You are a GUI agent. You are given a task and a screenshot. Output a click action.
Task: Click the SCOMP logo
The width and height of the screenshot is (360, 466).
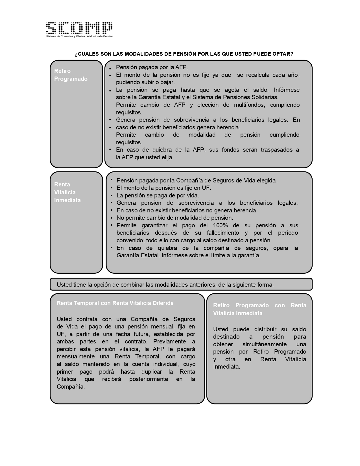click(79, 28)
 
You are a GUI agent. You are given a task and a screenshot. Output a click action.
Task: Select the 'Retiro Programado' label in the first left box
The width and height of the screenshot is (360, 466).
click(71, 75)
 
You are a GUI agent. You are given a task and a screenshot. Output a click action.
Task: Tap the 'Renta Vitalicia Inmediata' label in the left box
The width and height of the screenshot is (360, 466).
click(67, 192)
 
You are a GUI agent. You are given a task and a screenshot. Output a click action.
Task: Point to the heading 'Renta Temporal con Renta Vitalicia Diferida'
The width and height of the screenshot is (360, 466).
click(115, 303)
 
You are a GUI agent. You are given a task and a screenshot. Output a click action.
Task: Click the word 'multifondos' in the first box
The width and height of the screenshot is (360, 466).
click(250, 105)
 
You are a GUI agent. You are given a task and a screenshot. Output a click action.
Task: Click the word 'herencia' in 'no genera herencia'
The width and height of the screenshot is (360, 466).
click(246, 210)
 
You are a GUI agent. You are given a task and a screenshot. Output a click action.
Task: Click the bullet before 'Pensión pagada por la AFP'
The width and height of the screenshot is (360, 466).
click(110, 68)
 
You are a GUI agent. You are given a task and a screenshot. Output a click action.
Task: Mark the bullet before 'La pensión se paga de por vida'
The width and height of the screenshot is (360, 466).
click(111, 195)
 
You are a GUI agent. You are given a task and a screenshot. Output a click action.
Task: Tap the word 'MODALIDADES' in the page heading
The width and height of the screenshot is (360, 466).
click(144, 54)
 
